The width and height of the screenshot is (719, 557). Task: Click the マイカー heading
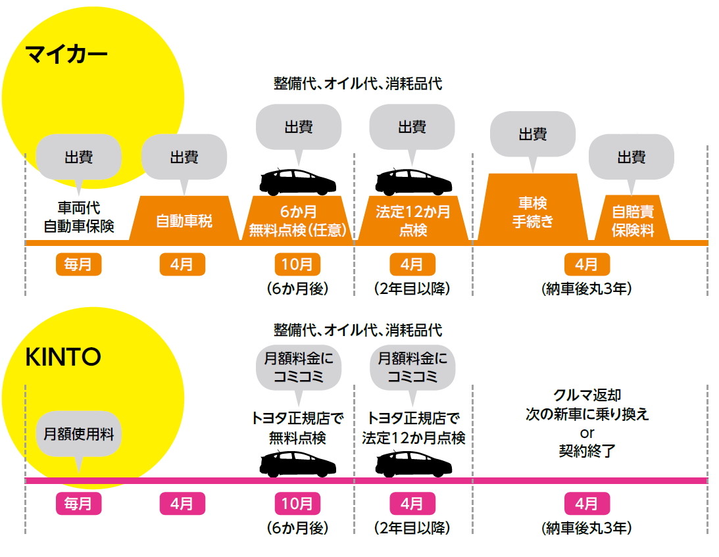pyautogui.click(x=66, y=53)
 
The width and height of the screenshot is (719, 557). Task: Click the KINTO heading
pyautogui.click(x=63, y=357)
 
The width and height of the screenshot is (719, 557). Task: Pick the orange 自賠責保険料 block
pyautogui.click(x=631, y=222)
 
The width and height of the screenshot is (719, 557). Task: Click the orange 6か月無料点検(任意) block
pyautogui.click(x=298, y=221)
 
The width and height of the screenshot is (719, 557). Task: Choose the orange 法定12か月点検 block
pyautogui.click(x=413, y=221)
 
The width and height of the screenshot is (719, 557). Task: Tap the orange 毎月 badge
pyautogui.click(x=78, y=265)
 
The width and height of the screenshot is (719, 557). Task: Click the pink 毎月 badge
pyautogui.click(x=78, y=504)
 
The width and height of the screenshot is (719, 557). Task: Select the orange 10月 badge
pyautogui.click(x=297, y=265)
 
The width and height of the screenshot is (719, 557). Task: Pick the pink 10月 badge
pyautogui.click(x=297, y=504)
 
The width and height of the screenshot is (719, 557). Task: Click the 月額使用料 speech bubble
pyautogui.click(x=78, y=434)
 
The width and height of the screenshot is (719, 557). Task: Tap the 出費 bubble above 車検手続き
pyautogui.click(x=533, y=135)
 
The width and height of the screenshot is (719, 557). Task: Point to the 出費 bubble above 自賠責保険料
pyautogui.click(x=631, y=157)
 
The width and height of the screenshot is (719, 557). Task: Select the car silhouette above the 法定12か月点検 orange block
pyautogui.click(x=413, y=181)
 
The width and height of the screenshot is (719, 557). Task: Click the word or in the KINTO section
pyautogui.click(x=587, y=434)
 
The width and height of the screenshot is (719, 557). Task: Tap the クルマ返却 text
pyautogui.click(x=587, y=396)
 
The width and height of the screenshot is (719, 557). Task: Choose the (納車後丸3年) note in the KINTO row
pyautogui.click(x=587, y=527)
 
